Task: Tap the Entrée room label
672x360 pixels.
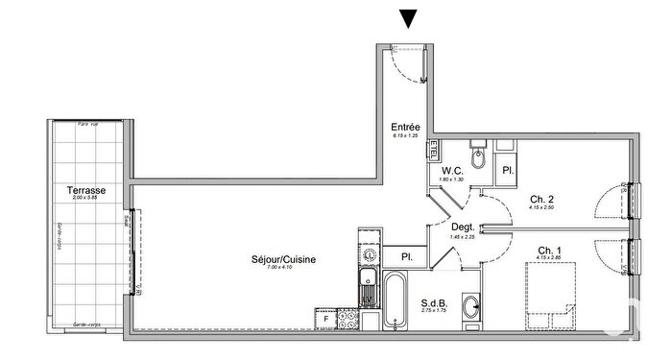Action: pos(405,127)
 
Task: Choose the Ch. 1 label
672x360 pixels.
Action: pos(550,249)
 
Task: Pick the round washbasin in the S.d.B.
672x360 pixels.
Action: pos(470,307)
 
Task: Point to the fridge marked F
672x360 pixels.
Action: pos(326,317)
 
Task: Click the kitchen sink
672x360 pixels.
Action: pos(368,282)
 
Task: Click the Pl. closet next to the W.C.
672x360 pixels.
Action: pos(507,171)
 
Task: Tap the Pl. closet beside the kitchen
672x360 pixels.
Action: pos(407,257)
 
